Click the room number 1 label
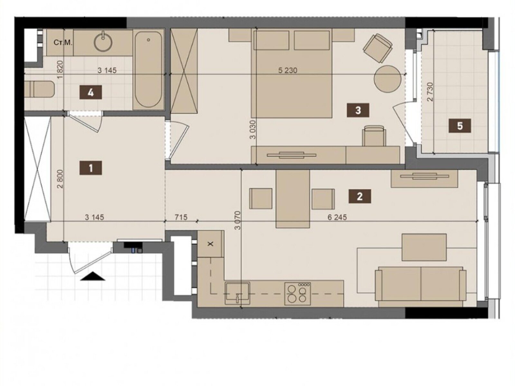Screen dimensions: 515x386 [x=91, y=168]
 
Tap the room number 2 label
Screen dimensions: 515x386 [x=360, y=196]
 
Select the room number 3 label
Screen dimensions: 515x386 [x=358, y=110]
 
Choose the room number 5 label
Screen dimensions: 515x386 [x=460, y=126]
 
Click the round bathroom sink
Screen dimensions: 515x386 [x=103, y=42]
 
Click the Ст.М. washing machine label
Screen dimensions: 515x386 [x=63, y=43]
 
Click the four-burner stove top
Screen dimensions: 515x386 [x=298, y=294]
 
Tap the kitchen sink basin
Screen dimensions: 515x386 [x=238, y=293]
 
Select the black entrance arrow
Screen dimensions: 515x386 [x=92, y=276]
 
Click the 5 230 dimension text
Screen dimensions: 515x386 [x=288, y=70]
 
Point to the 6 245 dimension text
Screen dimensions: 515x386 [x=337, y=217]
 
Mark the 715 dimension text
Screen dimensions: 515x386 [x=181, y=217]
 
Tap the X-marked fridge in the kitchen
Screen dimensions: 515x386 [x=211, y=244]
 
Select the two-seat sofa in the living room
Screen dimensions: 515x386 [x=421, y=286]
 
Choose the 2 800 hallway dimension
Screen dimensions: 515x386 [x=60, y=179]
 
